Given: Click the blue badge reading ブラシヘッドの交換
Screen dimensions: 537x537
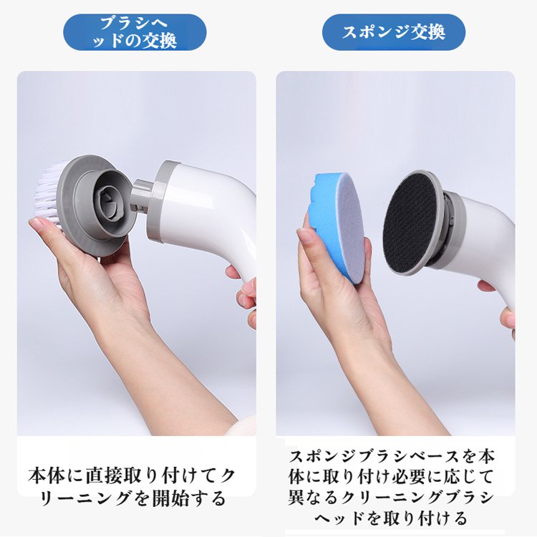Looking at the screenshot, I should [x=135, y=32].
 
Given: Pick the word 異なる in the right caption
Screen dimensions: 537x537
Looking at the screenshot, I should [x=312, y=497].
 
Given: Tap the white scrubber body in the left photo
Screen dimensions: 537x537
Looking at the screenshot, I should [x=208, y=215].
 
